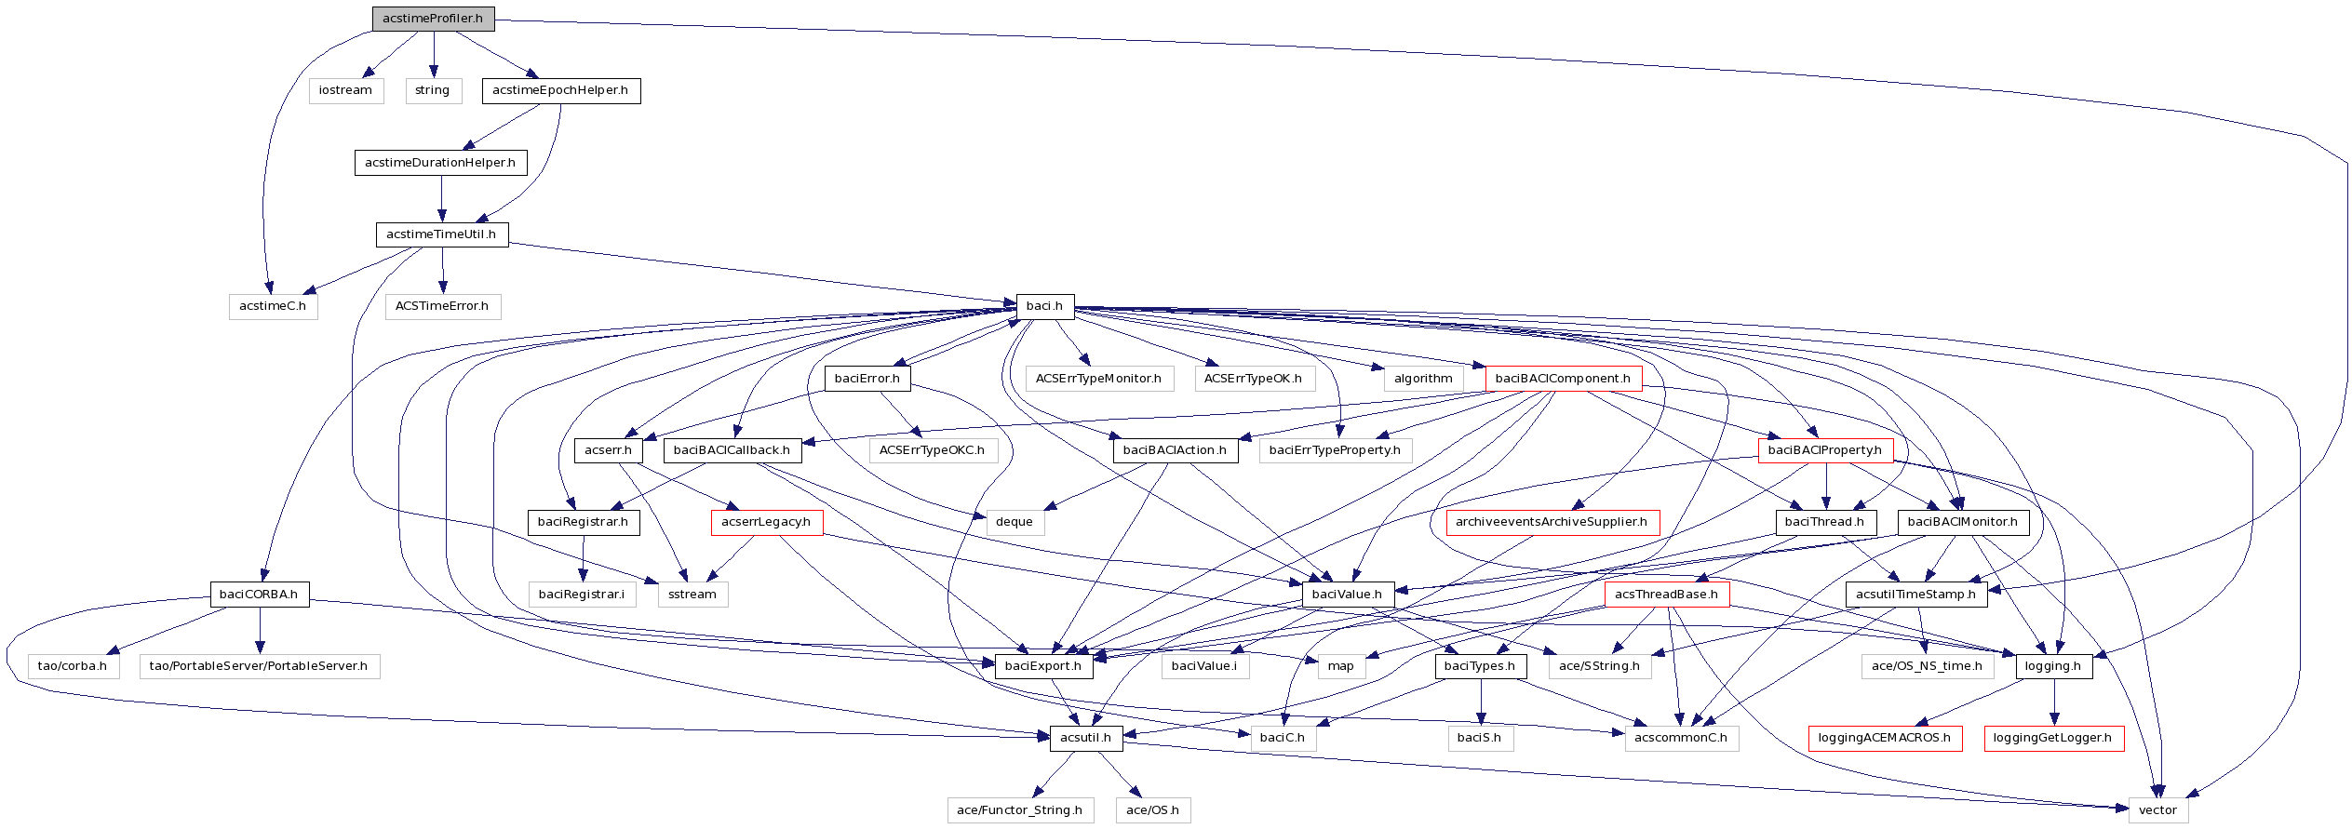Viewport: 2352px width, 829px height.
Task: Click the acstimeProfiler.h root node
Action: pos(433,19)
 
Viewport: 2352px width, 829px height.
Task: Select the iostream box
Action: pos(345,90)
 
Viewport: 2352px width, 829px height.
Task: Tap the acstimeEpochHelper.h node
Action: pos(560,90)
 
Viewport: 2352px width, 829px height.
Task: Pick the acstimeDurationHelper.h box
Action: pos(440,163)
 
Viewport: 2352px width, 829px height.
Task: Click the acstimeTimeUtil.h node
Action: pos(441,234)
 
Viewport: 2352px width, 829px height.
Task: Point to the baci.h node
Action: pos(1044,306)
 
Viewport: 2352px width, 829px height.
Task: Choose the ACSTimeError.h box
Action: pos(442,306)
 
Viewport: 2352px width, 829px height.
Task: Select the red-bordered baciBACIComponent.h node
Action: pos(1563,379)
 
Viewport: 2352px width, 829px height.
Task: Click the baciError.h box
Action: pos(867,379)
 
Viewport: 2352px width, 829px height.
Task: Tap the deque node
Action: pos(1015,522)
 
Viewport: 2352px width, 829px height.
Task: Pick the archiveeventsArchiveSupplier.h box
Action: pos(1552,522)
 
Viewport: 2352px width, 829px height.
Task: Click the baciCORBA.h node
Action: pos(259,595)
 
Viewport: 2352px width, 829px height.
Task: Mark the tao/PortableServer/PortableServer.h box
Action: pos(259,666)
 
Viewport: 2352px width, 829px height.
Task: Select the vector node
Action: pos(2157,810)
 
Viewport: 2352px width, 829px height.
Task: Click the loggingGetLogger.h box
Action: pos(2053,738)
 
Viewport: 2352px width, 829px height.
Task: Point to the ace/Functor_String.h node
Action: pos(1019,810)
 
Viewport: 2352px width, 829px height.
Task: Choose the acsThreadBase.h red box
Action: pos(1666,595)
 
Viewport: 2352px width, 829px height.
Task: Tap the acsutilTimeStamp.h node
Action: pos(1915,595)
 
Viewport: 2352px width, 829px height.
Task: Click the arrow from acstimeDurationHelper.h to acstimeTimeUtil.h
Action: pos(441,198)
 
